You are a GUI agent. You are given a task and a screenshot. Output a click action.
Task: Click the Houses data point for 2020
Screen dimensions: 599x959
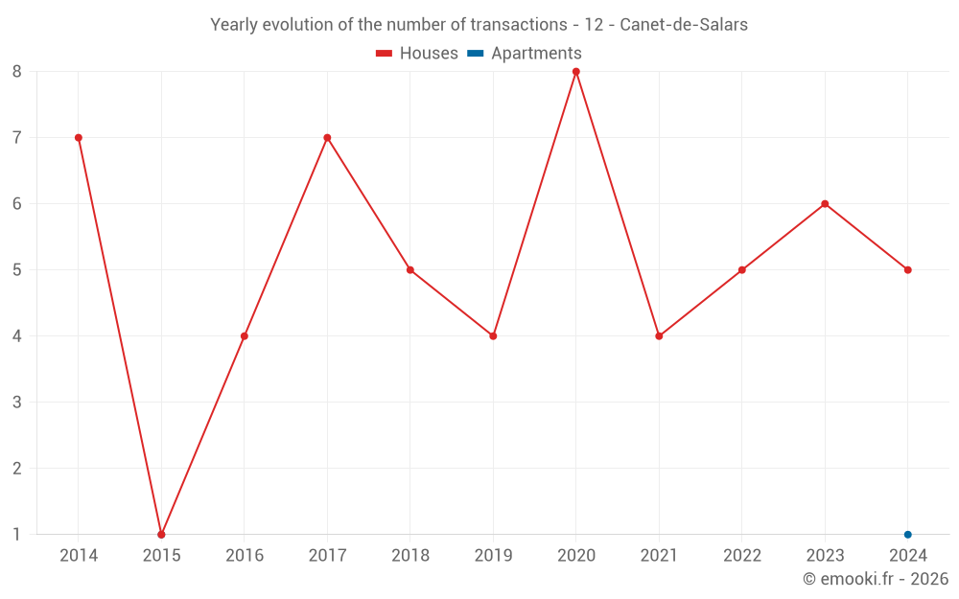coord(575,71)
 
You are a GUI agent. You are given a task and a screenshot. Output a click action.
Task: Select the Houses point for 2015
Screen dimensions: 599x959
coord(161,534)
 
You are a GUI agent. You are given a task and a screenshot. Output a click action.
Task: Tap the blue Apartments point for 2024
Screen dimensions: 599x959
coord(907,534)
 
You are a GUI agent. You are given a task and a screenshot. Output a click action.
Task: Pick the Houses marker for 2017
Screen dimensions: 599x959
coord(327,137)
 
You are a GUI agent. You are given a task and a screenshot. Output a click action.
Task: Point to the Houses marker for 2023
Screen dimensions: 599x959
coord(825,203)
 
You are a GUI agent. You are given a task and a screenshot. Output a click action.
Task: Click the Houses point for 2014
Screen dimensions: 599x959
coord(79,137)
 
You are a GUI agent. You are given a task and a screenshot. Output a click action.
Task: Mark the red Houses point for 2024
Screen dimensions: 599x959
coord(907,269)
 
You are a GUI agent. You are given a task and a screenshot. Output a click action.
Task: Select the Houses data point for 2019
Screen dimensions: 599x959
coord(493,335)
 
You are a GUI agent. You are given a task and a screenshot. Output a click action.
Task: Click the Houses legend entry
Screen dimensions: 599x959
coord(417,54)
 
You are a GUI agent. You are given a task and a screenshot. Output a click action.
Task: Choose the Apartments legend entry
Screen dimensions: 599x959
coord(525,54)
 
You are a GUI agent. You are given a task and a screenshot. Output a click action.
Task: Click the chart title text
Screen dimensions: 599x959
coord(479,25)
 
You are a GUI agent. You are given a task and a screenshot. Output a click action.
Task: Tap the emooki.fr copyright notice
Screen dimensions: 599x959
coord(876,579)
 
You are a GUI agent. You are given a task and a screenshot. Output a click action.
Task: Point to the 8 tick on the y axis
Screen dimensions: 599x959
coord(17,71)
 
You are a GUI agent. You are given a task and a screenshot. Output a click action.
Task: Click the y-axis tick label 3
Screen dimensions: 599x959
coord(17,402)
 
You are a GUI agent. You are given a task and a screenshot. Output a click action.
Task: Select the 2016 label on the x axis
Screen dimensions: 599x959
coord(245,556)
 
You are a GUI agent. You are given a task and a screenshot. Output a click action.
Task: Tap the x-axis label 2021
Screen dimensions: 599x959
coord(659,556)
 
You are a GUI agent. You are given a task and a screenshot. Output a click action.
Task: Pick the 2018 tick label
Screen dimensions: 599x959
coord(410,556)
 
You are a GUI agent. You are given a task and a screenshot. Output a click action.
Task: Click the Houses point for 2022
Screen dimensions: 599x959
coord(741,269)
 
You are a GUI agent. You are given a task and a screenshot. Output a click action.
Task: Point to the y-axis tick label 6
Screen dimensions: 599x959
coord(17,203)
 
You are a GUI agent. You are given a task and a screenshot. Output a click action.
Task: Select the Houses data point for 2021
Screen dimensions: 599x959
coord(659,335)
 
